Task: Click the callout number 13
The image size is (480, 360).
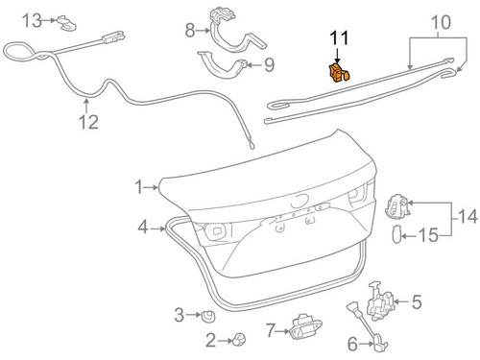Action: (x=32, y=19)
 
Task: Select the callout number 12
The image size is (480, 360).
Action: (x=88, y=122)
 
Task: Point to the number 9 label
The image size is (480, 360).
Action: (x=269, y=65)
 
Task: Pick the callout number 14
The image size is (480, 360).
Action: (x=468, y=218)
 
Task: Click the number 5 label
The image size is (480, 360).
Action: (x=417, y=302)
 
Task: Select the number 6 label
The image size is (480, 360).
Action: (x=351, y=343)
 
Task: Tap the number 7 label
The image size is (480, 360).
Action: (x=272, y=331)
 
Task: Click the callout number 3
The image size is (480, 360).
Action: (x=180, y=314)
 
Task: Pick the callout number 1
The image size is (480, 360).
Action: (x=140, y=185)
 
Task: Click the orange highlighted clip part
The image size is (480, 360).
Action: (x=338, y=73)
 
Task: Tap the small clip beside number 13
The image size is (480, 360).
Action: (x=64, y=19)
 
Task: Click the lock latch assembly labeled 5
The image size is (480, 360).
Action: (x=383, y=299)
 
